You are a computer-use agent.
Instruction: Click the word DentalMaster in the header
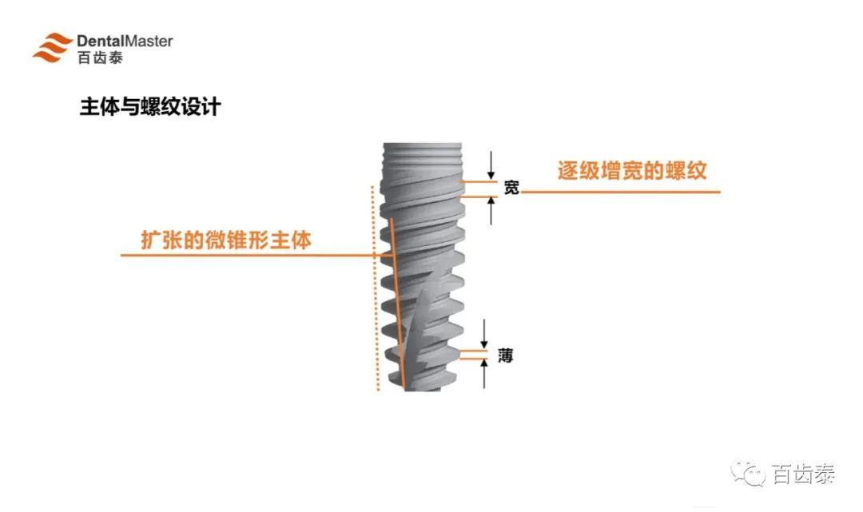point(125,41)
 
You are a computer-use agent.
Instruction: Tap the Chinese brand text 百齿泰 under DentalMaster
point(100,58)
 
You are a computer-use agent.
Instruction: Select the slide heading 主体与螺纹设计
point(150,107)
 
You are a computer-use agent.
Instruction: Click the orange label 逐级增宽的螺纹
point(632,171)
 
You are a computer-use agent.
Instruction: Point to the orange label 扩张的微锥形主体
point(226,240)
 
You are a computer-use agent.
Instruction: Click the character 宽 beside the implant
point(511,188)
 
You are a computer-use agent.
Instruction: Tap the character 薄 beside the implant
point(505,355)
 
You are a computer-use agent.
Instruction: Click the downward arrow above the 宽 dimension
point(492,166)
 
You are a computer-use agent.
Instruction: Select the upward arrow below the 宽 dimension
point(492,211)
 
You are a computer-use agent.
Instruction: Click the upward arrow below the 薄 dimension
point(484,374)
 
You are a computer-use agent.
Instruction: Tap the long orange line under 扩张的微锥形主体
point(240,256)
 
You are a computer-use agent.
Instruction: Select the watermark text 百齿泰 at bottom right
point(804,474)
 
